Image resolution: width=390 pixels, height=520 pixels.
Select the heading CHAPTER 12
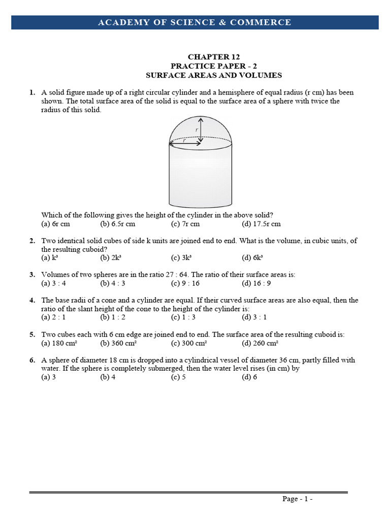[213, 57]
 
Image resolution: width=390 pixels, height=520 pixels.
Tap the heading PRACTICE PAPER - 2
[213, 66]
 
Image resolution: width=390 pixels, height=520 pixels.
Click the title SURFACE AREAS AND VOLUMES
[213, 75]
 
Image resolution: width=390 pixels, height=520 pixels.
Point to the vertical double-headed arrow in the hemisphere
[201, 130]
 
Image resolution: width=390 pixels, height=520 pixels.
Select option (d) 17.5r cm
[261, 224]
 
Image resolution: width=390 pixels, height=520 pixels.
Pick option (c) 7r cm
[185, 224]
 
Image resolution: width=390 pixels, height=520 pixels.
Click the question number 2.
[32, 241]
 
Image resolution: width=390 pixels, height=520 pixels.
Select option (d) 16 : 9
[256, 283]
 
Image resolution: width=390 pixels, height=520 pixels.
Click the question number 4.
[32, 300]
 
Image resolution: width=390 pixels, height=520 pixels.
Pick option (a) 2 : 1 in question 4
[53, 317]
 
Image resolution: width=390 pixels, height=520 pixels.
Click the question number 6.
[32, 360]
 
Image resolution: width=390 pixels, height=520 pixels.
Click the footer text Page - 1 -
[297, 499]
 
